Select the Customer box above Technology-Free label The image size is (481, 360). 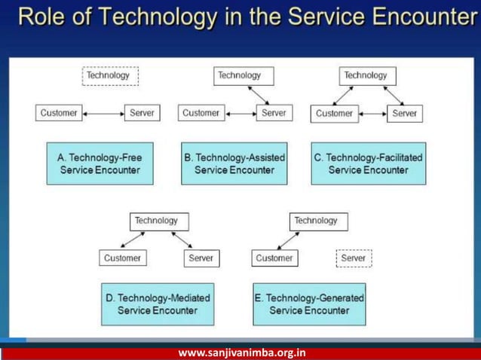point(58,113)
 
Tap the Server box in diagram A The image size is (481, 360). point(142,113)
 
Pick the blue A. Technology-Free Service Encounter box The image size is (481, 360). point(100,164)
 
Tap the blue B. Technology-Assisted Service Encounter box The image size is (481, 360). point(234,164)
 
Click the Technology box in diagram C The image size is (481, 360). point(365,75)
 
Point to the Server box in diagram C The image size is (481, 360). point(404,113)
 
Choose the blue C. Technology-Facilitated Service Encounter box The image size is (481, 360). point(368,164)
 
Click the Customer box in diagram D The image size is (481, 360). point(121,258)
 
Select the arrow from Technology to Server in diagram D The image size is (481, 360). point(182,240)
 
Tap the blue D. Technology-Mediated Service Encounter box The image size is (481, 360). point(158,304)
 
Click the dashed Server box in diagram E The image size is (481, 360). point(353,258)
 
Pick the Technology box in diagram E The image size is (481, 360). point(317,221)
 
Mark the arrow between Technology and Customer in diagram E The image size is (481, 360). point(290,240)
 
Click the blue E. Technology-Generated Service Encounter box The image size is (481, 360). point(309,304)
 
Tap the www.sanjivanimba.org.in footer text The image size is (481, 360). point(241,352)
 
